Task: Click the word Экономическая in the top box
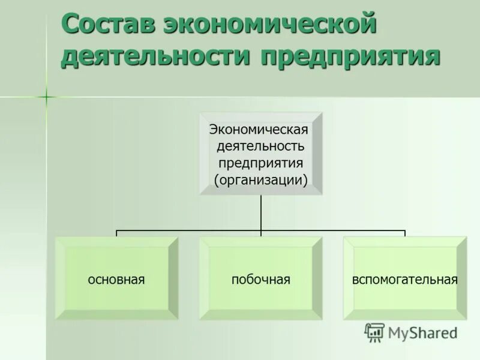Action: pyautogui.click(x=259, y=130)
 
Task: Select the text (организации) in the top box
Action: pyautogui.click(x=260, y=180)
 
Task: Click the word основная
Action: pyautogui.click(x=117, y=280)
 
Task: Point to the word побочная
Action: pyautogui.click(x=260, y=280)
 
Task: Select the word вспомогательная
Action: pyautogui.click(x=405, y=280)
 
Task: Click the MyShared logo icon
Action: pyautogui.click(x=374, y=332)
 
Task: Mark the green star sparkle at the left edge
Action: pyautogui.click(x=46, y=95)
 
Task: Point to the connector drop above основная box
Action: pyautogui.click(x=116, y=233)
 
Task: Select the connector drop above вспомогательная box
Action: pyautogui.click(x=405, y=233)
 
